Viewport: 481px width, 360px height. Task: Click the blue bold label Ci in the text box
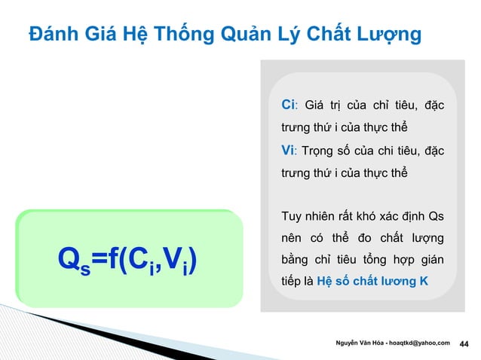tap(287, 103)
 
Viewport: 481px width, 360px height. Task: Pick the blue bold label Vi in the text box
tap(287, 151)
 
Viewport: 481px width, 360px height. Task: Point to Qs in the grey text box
tap(435, 218)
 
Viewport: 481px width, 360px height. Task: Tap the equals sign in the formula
tap(99, 261)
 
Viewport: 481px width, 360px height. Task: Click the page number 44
tap(464, 344)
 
